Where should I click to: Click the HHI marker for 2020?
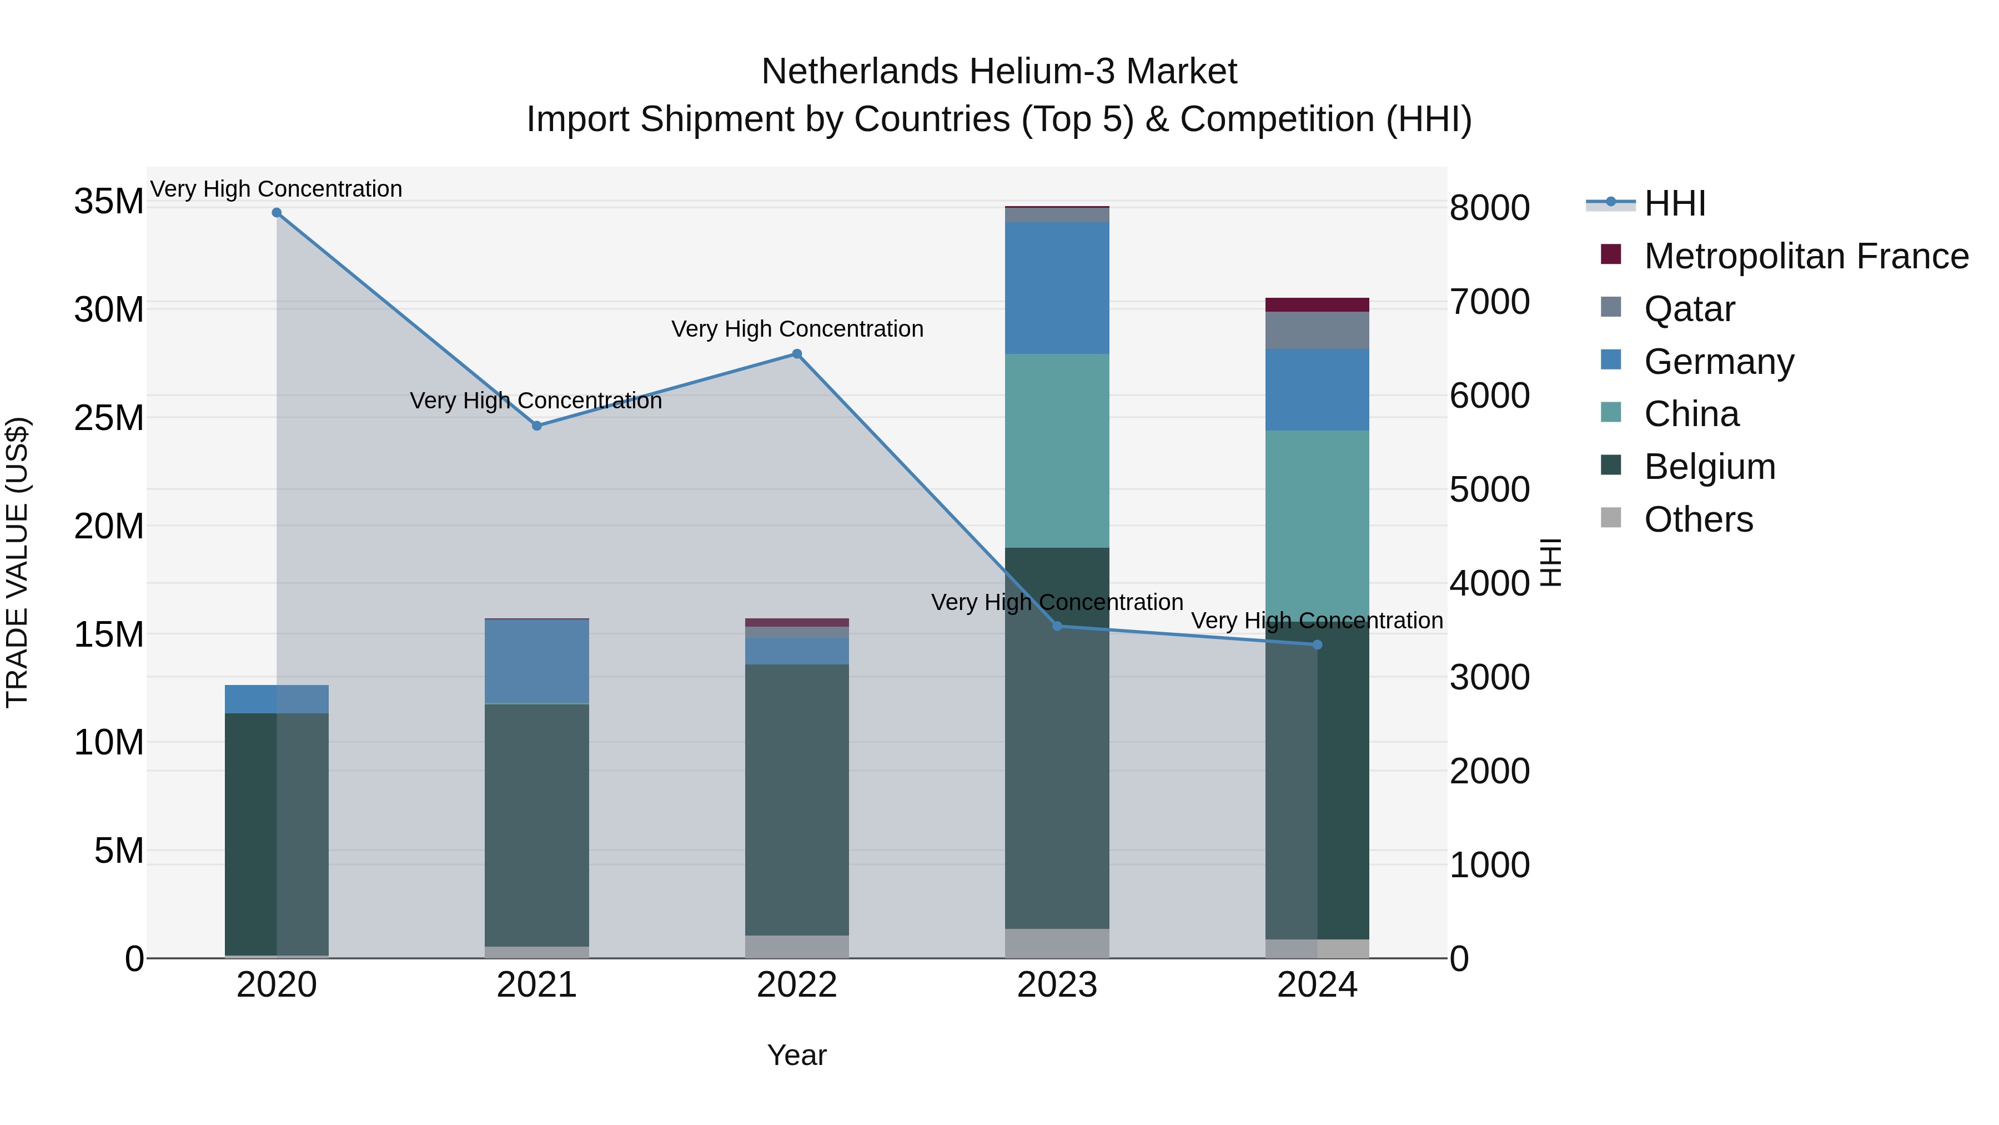point(277,213)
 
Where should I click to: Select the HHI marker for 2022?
point(797,354)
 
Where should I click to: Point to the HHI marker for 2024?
point(1317,644)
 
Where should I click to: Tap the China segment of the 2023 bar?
point(1057,451)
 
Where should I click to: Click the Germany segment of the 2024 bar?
point(1317,390)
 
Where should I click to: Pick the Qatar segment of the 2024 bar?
point(1317,330)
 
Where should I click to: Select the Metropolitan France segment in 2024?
point(1317,304)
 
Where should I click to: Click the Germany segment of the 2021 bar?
point(537,662)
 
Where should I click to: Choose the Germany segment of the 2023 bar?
point(1057,288)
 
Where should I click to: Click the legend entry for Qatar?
point(1689,309)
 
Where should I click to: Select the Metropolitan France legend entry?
point(1806,256)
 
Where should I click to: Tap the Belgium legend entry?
point(1709,467)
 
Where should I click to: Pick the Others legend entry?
point(1698,519)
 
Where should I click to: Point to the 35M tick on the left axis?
point(109,202)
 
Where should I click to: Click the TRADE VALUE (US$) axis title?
point(17,562)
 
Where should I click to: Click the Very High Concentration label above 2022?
point(797,329)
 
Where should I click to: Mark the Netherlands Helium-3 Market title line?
point(999,72)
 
